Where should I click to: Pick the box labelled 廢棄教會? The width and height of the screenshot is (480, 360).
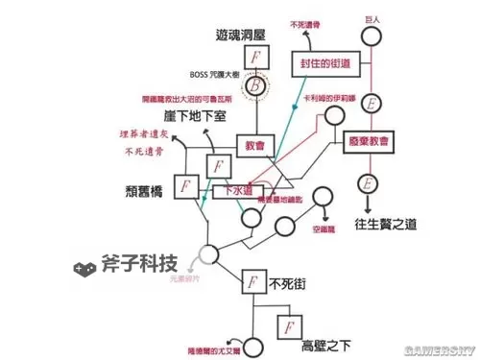point(371,141)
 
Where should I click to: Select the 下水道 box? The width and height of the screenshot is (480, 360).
point(239,190)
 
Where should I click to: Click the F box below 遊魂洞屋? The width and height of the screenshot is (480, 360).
point(254,57)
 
